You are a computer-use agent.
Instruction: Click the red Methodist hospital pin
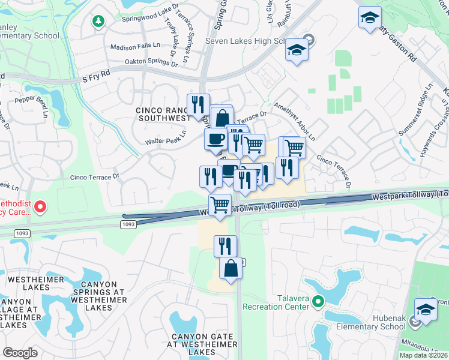tap(40, 207)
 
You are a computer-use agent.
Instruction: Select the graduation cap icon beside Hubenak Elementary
tap(426, 310)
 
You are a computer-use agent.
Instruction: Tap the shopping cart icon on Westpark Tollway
tap(220, 205)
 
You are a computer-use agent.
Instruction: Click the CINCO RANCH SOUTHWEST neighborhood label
tap(163, 115)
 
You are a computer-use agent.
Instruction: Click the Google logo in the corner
tap(20, 352)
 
